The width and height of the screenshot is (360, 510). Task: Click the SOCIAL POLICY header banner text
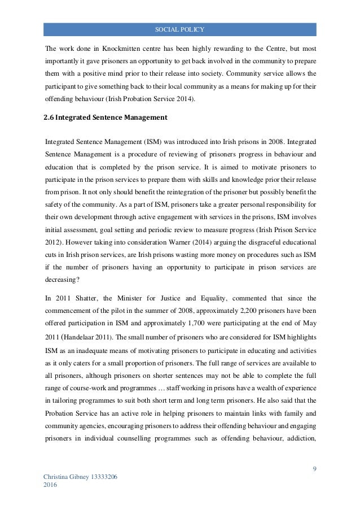click(x=180, y=29)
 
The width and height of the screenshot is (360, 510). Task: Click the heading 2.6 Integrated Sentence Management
click(x=106, y=118)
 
